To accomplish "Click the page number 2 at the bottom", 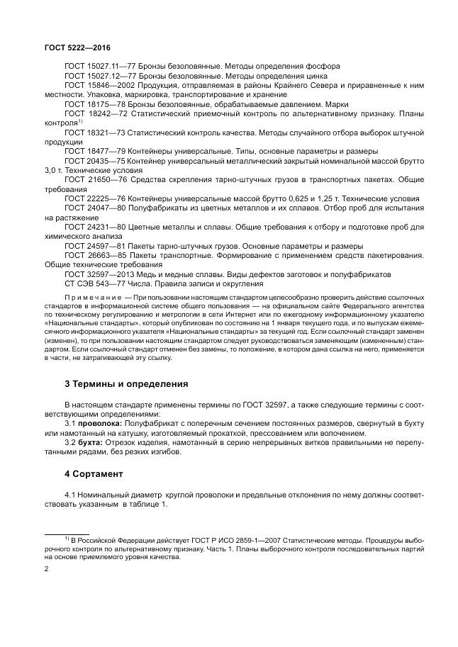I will point(48,568).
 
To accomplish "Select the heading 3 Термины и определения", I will point(125,383).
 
